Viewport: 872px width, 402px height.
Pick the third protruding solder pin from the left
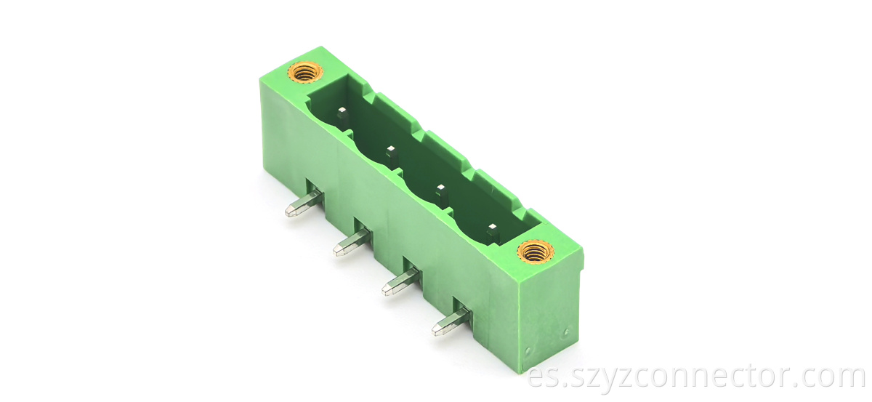(401, 281)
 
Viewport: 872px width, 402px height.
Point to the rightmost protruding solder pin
(451, 321)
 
